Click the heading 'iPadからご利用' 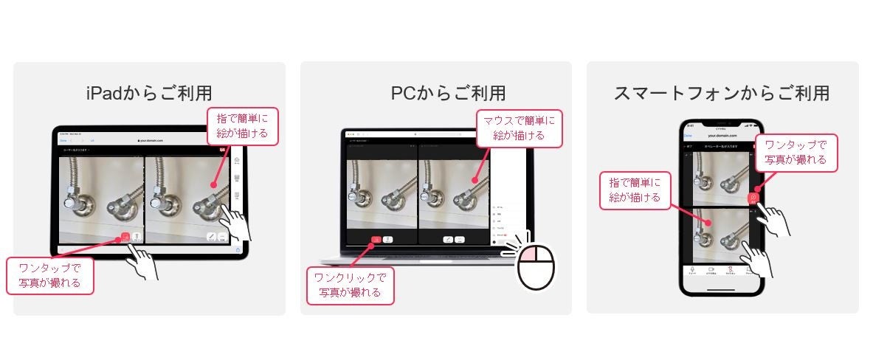(x=149, y=94)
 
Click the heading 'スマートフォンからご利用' (x=721, y=94)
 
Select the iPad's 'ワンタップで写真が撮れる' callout (x=50, y=275)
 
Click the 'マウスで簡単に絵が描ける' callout (x=519, y=128)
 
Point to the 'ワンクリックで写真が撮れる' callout (x=350, y=285)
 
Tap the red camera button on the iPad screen (x=125, y=238)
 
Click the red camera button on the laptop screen (x=376, y=239)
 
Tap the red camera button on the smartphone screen (x=753, y=198)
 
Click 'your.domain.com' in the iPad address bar (x=149, y=139)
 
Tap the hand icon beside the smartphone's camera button (x=774, y=219)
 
